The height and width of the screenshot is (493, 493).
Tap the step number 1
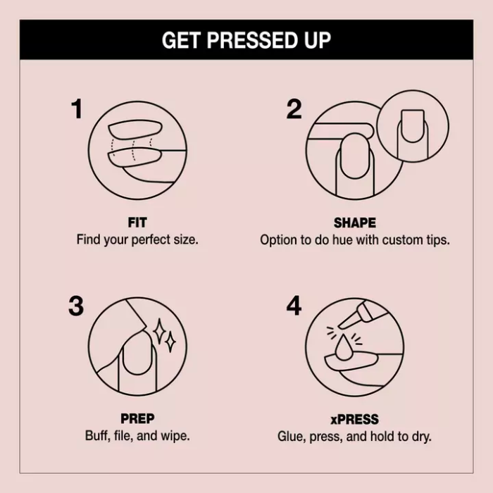pyautogui.click(x=76, y=109)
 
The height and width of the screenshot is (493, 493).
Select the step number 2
pyautogui.click(x=294, y=109)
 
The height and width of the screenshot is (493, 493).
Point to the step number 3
pyautogui.click(x=76, y=306)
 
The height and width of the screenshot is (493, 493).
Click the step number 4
pyautogui.click(x=294, y=306)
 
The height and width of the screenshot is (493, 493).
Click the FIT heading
pyautogui.click(x=137, y=223)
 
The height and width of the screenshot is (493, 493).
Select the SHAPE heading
pyautogui.click(x=355, y=223)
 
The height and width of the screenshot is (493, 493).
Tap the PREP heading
pyautogui.click(x=137, y=419)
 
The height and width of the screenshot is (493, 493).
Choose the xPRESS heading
pyautogui.click(x=355, y=420)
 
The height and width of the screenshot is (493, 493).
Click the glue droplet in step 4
pyautogui.click(x=344, y=347)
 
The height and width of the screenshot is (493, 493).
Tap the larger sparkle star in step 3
pyautogui.click(x=159, y=332)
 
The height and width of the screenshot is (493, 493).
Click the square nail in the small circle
pyautogui.click(x=412, y=126)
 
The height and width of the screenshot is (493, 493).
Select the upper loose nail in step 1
pyautogui.click(x=135, y=129)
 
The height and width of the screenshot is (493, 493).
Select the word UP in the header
pyautogui.click(x=318, y=40)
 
